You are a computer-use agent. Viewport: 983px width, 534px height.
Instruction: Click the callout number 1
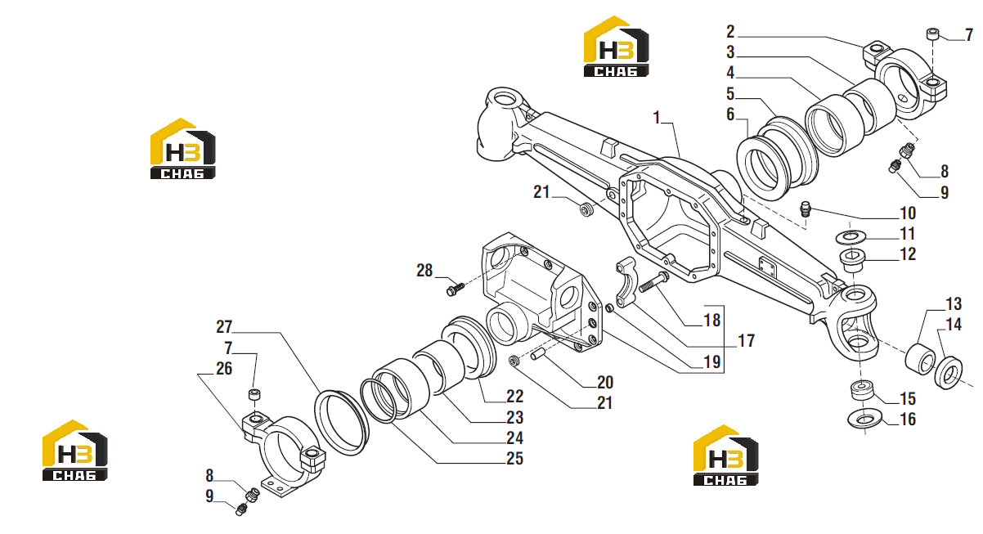click(x=657, y=118)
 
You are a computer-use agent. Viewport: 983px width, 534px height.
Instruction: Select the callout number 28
click(x=424, y=271)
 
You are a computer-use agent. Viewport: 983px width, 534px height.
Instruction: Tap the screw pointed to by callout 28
click(x=456, y=289)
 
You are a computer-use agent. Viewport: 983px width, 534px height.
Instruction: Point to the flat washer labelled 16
click(x=864, y=419)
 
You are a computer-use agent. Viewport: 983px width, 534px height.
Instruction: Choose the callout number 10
click(x=908, y=213)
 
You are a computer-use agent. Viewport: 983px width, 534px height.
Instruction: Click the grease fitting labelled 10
click(x=805, y=209)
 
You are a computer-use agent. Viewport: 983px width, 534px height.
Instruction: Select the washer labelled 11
click(x=851, y=237)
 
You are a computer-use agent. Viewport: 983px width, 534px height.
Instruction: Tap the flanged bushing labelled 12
click(x=852, y=261)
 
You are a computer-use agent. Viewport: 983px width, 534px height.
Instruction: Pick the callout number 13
click(x=954, y=303)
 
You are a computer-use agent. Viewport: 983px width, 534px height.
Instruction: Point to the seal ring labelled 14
click(x=949, y=373)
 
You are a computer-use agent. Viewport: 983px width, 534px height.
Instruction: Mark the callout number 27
click(x=224, y=327)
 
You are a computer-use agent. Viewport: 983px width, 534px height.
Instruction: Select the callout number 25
click(x=514, y=459)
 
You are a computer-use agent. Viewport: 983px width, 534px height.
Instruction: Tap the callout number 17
click(x=746, y=341)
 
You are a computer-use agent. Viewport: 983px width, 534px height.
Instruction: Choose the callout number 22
click(x=514, y=397)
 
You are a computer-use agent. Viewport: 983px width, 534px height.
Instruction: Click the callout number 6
click(x=730, y=114)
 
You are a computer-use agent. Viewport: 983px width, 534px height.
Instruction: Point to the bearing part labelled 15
click(x=862, y=391)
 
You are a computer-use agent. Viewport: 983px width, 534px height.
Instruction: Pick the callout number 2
click(x=730, y=32)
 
